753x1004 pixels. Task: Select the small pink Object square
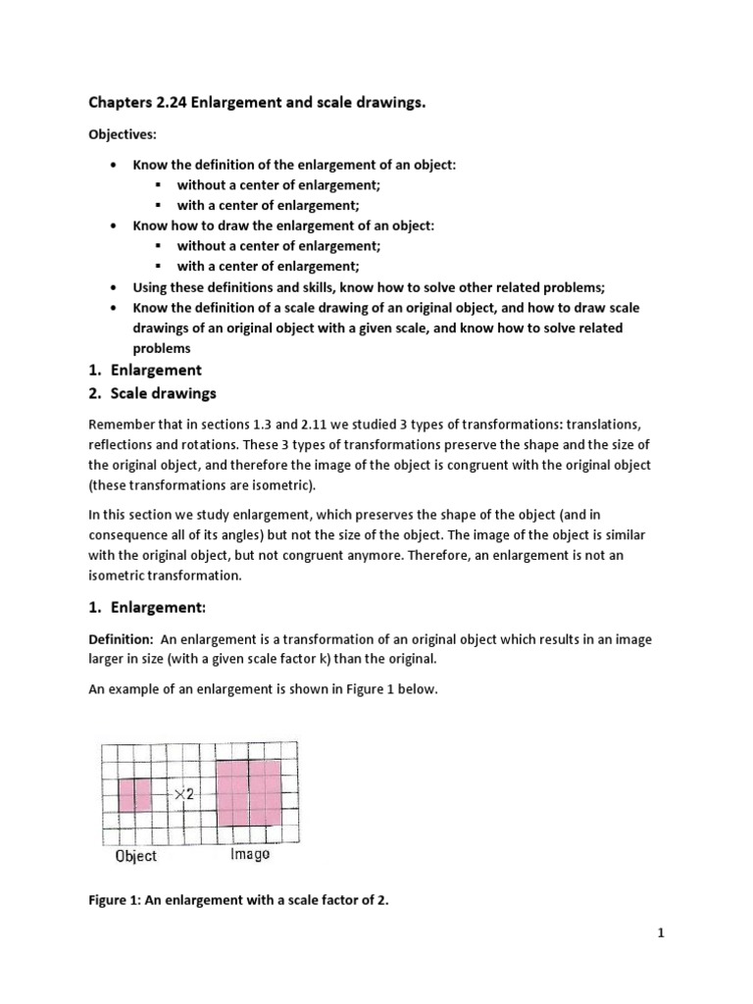point(135,794)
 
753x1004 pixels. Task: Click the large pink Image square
point(249,794)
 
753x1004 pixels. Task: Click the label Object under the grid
point(135,856)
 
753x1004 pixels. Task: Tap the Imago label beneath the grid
point(250,855)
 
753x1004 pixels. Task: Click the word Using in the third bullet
point(151,287)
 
